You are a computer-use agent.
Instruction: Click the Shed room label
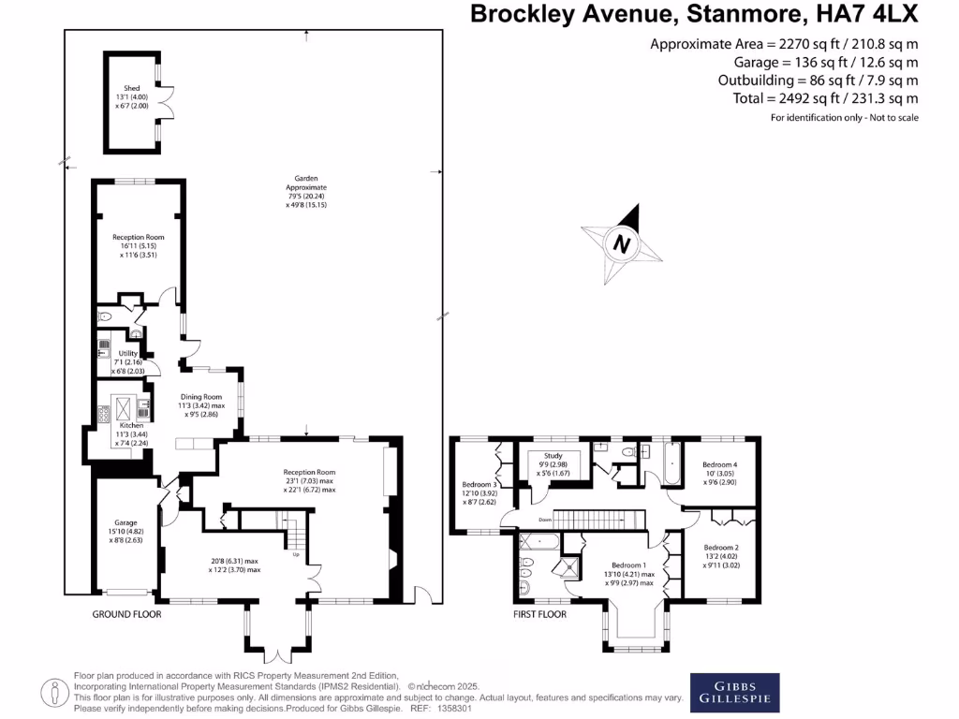(132, 89)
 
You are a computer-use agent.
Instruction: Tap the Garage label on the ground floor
(126, 522)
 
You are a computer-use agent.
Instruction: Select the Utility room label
(127, 353)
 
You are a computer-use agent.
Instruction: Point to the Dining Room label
(199, 396)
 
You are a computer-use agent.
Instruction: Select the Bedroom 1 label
(627, 565)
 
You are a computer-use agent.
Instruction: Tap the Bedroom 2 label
(722, 548)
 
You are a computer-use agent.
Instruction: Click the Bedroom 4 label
(722, 465)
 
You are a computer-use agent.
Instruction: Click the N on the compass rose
(620, 245)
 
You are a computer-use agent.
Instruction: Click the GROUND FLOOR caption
(126, 614)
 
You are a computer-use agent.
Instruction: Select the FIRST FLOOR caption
(540, 615)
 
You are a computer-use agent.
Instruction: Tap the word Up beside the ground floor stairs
(297, 555)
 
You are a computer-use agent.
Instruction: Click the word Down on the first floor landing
(545, 520)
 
